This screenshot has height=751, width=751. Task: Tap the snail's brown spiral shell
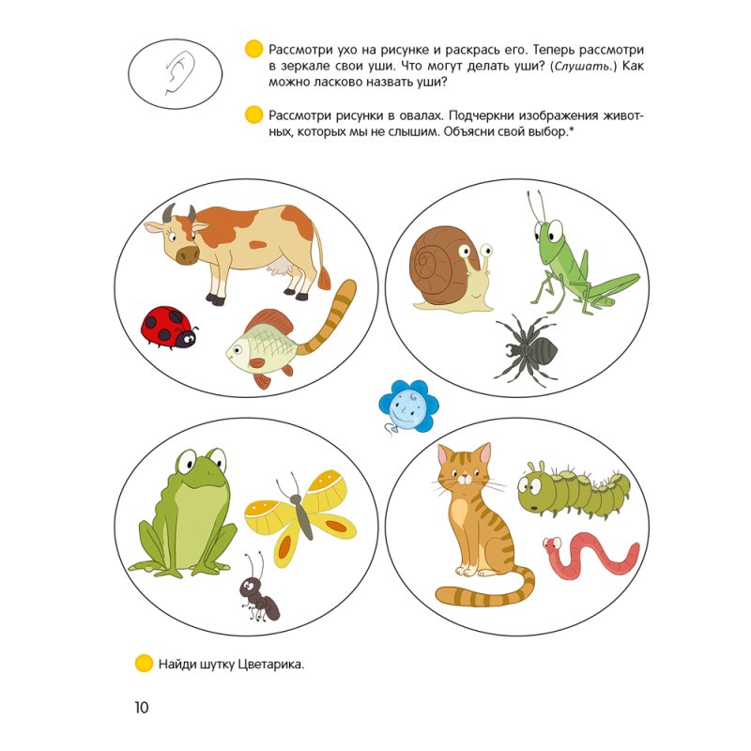pyautogui.click(x=437, y=266)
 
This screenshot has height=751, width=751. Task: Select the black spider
pyautogui.click(x=526, y=349)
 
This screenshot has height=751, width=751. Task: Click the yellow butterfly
pyautogui.click(x=300, y=517)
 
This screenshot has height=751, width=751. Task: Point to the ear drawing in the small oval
pyautogui.click(x=178, y=73)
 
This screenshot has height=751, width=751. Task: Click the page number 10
pyautogui.click(x=142, y=707)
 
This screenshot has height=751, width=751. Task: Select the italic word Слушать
pyautogui.click(x=582, y=66)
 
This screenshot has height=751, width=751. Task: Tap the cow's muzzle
pyautogui.click(x=187, y=254)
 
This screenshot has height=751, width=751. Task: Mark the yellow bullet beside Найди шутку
pyautogui.click(x=144, y=664)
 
